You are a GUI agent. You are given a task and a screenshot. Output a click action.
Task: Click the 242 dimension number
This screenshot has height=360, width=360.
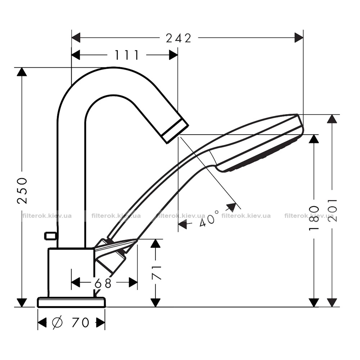[179, 38]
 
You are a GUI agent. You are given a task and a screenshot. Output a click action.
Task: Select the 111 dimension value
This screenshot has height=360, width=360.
[127, 55]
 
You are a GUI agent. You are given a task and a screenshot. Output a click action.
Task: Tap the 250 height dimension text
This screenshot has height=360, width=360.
[22, 190]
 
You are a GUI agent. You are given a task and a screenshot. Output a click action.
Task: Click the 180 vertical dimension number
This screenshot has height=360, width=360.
[314, 218]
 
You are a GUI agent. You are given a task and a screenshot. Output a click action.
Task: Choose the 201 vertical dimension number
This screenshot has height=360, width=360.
[333, 210]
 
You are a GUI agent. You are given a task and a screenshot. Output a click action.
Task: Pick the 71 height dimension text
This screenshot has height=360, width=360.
[157, 273]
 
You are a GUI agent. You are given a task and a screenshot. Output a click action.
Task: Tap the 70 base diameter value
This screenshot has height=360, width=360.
[80, 322]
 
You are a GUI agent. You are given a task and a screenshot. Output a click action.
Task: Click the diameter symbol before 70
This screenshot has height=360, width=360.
[57, 322]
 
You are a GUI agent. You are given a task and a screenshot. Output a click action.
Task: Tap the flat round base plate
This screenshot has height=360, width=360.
[71, 302]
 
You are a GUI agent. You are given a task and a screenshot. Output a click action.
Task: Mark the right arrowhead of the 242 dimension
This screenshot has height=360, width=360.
[299, 38]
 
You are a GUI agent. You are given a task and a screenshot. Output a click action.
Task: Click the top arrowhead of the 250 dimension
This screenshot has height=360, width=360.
[22, 72]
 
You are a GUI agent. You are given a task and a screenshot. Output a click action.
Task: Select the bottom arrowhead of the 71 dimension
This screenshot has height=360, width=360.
[156, 303]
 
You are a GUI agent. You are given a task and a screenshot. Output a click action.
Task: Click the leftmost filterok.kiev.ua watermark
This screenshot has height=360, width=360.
[47, 216]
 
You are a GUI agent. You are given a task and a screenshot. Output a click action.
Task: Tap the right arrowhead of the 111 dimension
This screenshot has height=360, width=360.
[174, 55]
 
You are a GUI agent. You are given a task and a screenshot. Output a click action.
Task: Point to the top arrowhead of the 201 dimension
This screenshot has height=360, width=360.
[332, 119]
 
